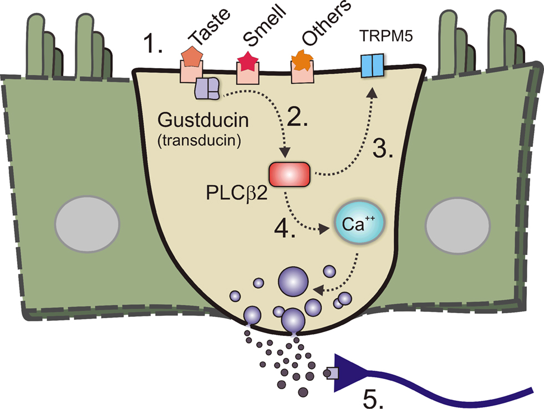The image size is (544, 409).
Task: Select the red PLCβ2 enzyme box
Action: click(x=289, y=174)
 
